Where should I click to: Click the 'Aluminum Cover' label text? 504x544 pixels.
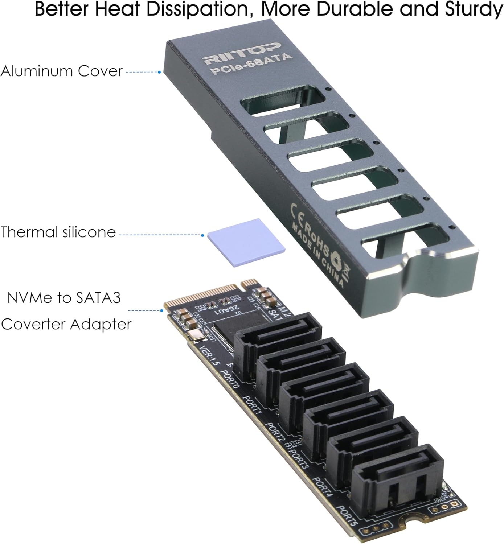(x=62, y=71)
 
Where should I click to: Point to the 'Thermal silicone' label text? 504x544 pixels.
(x=58, y=232)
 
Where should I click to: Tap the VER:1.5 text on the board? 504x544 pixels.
(x=210, y=355)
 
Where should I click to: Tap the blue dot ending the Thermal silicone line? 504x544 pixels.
(x=202, y=235)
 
